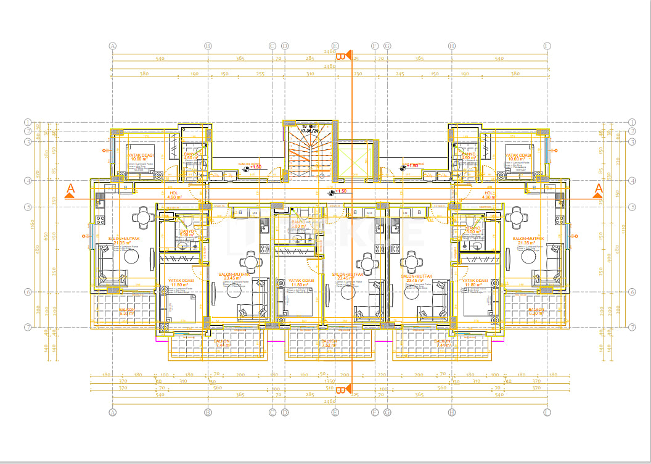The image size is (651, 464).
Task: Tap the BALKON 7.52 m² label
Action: tap(329, 342)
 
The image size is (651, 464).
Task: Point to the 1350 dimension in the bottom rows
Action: tap(330, 381)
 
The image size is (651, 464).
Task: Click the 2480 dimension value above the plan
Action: tap(329, 66)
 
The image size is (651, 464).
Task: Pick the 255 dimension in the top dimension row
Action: tap(260, 73)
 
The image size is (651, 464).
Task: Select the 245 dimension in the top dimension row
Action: tap(400, 73)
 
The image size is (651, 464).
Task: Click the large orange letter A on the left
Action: tap(70, 189)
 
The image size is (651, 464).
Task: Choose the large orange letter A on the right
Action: tap(597, 189)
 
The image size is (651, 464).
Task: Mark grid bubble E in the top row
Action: tap(335, 46)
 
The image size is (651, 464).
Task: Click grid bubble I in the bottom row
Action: tap(546, 412)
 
